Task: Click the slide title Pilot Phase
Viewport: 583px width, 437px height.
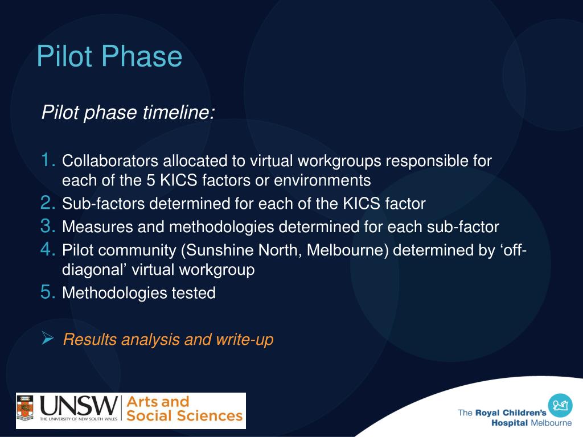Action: [x=109, y=57]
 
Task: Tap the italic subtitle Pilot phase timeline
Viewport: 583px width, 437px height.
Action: [x=128, y=112]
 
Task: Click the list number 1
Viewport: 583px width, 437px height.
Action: [x=48, y=161]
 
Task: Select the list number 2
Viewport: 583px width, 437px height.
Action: [x=48, y=203]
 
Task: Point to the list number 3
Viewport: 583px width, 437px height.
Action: [x=48, y=226]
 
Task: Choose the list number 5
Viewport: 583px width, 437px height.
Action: [x=48, y=293]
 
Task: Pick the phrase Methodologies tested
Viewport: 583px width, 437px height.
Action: [x=139, y=294]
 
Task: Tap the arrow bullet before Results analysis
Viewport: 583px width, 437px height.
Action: [x=48, y=339]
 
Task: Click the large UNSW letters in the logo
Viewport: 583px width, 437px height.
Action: [x=78, y=406]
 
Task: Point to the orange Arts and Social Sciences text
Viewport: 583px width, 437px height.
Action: [x=183, y=409]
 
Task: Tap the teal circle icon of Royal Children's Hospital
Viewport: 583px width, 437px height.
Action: [x=560, y=405]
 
